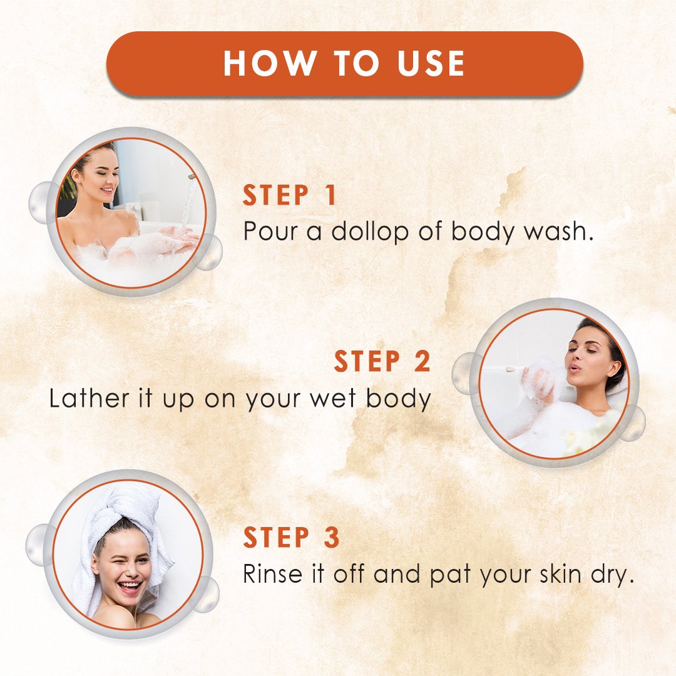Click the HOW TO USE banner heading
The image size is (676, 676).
(x=344, y=63)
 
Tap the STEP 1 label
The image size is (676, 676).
(x=289, y=195)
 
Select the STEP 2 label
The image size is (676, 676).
(x=382, y=361)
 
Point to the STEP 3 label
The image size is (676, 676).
(x=291, y=537)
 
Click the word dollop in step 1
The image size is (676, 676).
(x=369, y=231)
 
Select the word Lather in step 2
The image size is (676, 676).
(x=89, y=398)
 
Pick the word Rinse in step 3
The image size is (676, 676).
(x=272, y=573)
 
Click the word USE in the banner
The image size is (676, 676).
(x=431, y=63)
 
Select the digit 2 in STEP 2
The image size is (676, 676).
(x=422, y=361)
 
